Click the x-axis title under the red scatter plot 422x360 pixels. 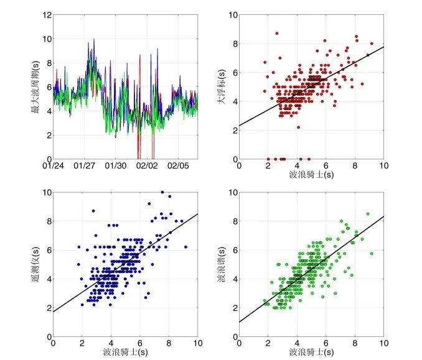[311, 175]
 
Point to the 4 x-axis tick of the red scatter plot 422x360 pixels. [297, 166]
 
